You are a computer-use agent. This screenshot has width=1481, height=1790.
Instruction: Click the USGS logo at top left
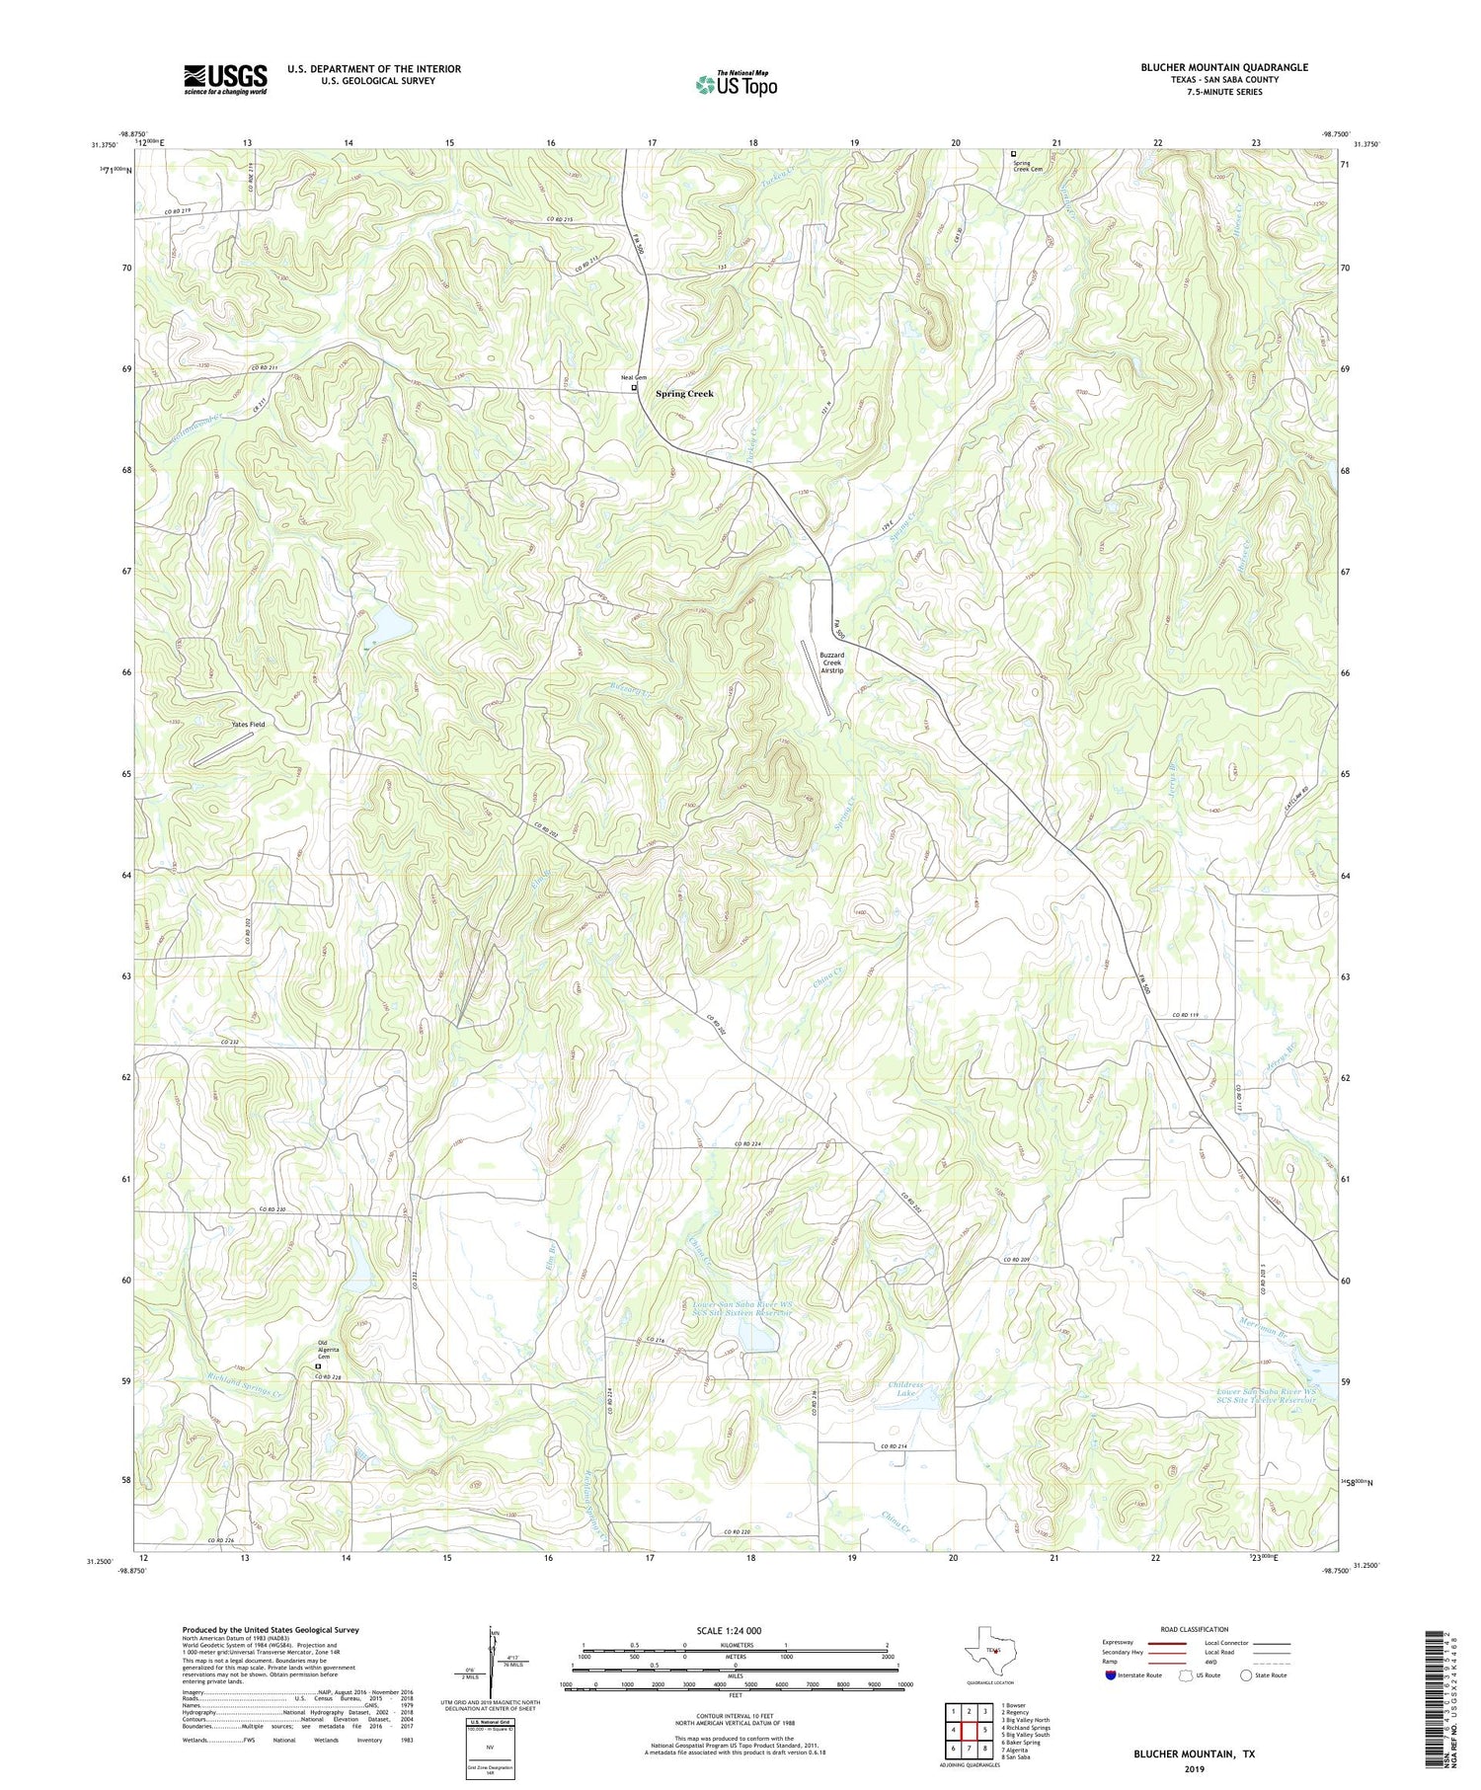(225, 79)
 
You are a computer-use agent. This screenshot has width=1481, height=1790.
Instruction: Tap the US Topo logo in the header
(736, 85)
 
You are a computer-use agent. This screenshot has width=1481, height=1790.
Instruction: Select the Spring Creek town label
(684, 394)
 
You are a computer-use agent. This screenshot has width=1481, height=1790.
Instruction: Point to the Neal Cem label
(633, 377)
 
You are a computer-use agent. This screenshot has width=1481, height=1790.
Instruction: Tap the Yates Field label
(249, 725)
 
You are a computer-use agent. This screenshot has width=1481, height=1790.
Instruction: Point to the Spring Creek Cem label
(1026, 165)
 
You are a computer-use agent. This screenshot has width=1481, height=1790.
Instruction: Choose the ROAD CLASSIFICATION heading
(1195, 1629)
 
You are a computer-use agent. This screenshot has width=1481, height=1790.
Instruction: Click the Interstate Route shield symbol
(1111, 1675)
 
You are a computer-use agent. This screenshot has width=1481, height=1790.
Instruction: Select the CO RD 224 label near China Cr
(747, 1143)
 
